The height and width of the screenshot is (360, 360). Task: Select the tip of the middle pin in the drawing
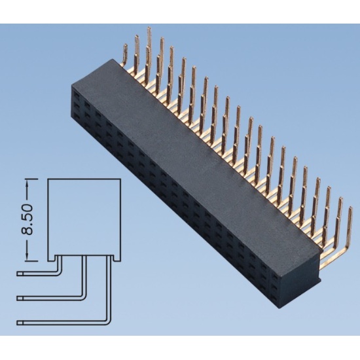[22, 298]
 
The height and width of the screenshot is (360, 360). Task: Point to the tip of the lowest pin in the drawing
[22, 321]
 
